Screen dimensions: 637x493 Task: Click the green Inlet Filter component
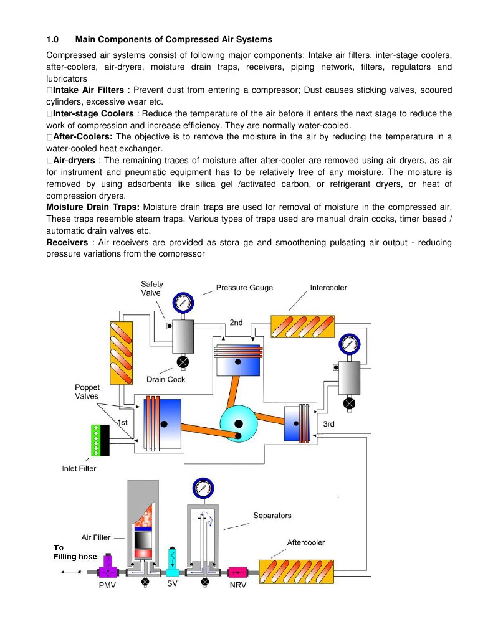(x=97, y=440)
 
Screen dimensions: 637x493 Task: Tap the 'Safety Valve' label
(x=151, y=288)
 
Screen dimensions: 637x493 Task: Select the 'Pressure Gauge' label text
(x=244, y=288)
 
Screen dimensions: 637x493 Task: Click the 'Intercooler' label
(x=328, y=288)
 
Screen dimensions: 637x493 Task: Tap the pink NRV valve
(x=238, y=572)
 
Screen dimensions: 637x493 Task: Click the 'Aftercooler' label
(x=305, y=542)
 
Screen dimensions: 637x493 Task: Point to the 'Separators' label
(x=272, y=516)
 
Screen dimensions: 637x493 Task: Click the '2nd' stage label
(x=236, y=323)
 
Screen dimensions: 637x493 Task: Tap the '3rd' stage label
(x=328, y=424)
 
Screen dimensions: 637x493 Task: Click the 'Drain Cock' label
(x=166, y=379)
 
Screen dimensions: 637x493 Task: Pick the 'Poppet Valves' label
(x=87, y=391)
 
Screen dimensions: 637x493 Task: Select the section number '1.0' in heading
(x=52, y=40)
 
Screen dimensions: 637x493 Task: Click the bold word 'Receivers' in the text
(x=67, y=242)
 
